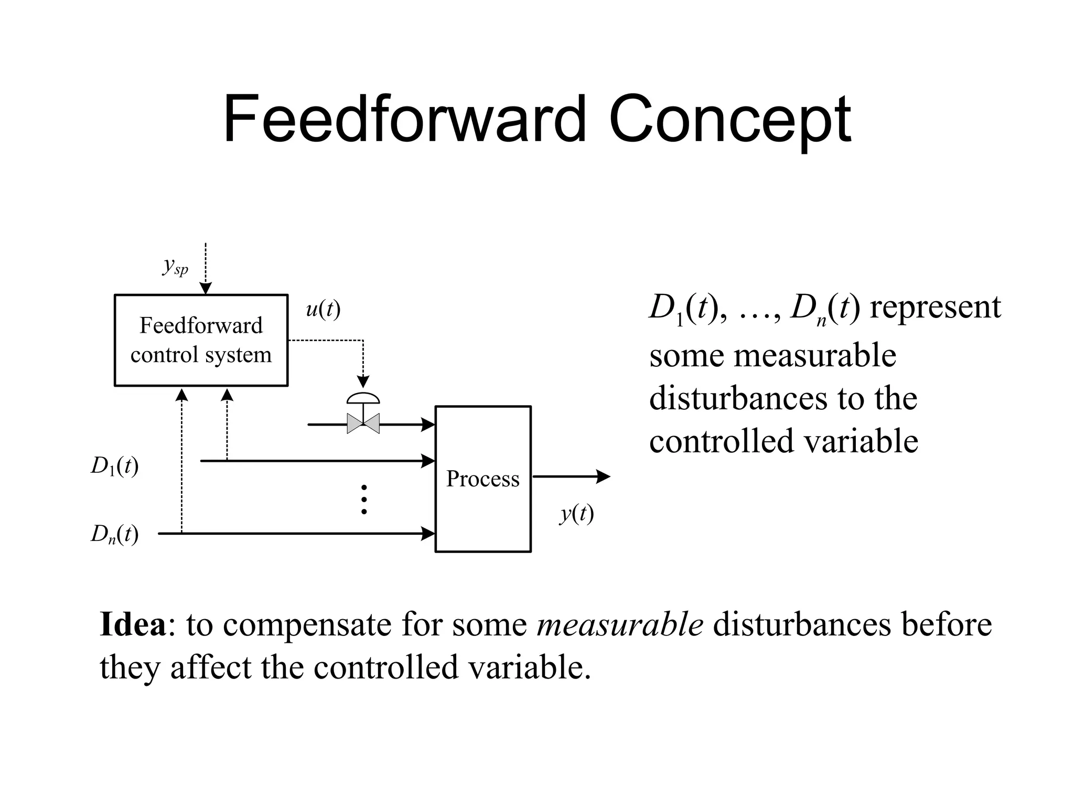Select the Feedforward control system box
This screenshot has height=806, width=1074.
[201, 340]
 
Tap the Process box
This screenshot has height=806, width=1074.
[482, 479]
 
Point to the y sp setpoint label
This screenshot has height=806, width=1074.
[175, 267]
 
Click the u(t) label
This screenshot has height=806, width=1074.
[323, 309]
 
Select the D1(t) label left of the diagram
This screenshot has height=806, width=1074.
[115, 466]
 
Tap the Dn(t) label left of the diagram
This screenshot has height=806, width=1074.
[115, 535]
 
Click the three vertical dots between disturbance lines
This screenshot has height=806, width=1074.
[364, 499]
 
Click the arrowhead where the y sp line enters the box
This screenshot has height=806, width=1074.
[206, 289]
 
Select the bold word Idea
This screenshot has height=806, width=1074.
[133, 624]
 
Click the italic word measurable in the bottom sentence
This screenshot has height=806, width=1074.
[620, 624]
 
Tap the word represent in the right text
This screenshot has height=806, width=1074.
[935, 307]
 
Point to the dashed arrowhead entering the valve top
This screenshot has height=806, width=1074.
[363, 381]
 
